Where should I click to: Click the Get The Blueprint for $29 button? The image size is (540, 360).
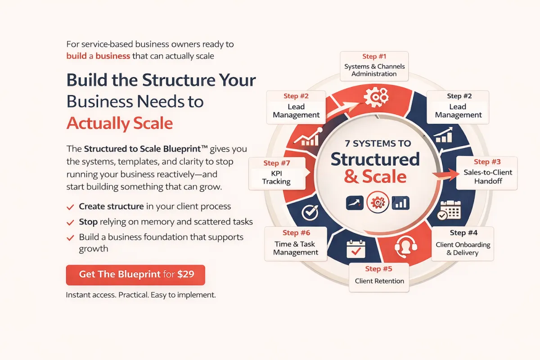135,275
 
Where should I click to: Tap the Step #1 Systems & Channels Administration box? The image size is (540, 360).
374,66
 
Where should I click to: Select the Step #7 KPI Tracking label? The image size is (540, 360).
277,173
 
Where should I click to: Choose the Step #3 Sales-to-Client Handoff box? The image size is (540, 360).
487,173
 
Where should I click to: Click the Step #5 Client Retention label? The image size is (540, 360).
379,277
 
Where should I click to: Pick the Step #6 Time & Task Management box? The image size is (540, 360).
296,243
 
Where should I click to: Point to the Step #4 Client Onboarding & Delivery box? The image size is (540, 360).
463,243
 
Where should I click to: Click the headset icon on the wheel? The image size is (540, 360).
406,247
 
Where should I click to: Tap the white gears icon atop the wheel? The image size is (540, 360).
376,97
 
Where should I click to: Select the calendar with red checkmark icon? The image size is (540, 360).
356,249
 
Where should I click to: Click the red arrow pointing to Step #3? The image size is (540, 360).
446,174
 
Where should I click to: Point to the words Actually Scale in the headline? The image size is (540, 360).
120,123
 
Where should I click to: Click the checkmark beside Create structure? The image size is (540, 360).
70,207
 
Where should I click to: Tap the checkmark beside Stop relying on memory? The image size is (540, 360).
70,222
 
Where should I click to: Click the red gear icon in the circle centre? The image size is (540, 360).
378,202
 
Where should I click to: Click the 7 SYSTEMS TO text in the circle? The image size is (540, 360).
378,144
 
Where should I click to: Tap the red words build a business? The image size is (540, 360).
98,56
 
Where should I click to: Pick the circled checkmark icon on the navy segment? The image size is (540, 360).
310,212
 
